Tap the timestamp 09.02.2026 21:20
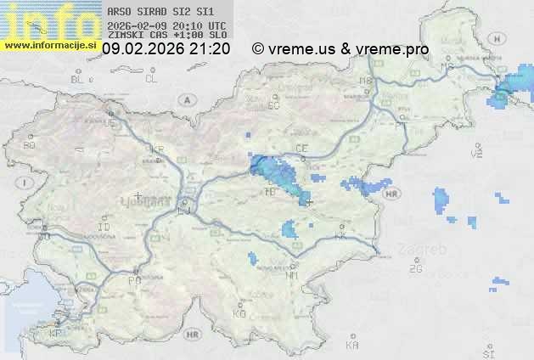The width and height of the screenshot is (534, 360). (166, 49)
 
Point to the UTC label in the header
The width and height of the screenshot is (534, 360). (217, 25)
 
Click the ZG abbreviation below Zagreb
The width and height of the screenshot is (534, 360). (415, 269)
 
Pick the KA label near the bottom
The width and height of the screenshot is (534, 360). (352, 346)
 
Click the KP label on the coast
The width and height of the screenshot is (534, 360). (56, 334)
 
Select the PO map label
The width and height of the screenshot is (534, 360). (133, 280)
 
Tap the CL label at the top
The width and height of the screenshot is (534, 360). (151, 79)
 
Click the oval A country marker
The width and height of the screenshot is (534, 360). (186, 99)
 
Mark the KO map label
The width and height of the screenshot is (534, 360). (239, 314)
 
